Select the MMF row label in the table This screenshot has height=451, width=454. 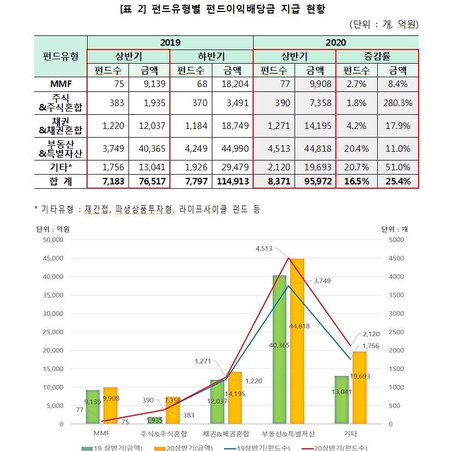pyautogui.click(x=60, y=84)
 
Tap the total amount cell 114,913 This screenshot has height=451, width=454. pyautogui.click(x=232, y=181)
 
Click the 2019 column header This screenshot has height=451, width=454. pyautogui.click(x=170, y=42)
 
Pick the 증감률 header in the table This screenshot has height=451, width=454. pyautogui.click(x=377, y=56)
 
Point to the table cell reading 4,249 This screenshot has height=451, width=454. pyautogui.click(x=191, y=149)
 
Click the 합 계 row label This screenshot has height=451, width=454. pyautogui.click(x=60, y=181)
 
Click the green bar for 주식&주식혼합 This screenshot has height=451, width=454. pyautogui.click(x=155, y=420)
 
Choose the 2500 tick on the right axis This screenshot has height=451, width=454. pyautogui.click(x=397, y=332)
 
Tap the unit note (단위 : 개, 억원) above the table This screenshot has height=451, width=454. pyautogui.click(x=384, y=24)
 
